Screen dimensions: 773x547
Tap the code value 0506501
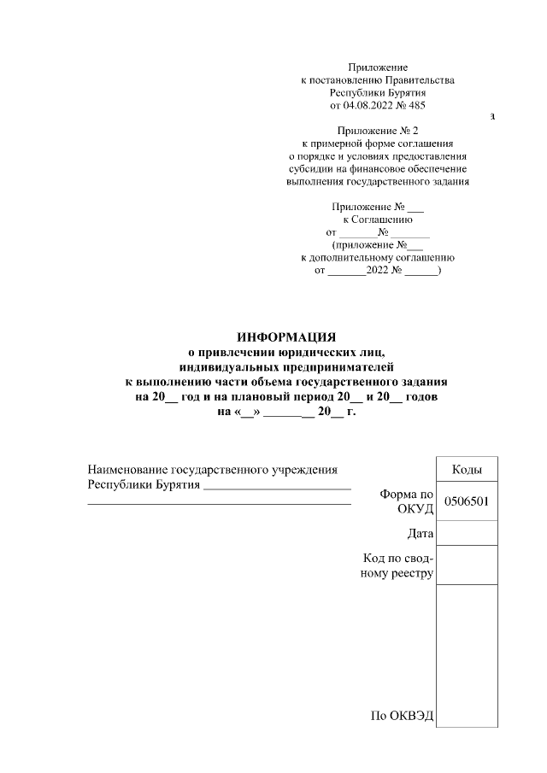[x=466, y=502]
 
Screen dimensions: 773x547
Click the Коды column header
[x=466, y=470]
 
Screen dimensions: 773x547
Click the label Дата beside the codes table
[x=421, y=534]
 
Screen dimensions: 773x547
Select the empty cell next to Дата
[x=466, y=532]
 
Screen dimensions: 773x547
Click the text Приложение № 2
[x=378, y=131]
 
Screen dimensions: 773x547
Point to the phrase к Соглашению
[x=378, y=220]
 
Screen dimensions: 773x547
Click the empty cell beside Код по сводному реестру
[x=466, y=565]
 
